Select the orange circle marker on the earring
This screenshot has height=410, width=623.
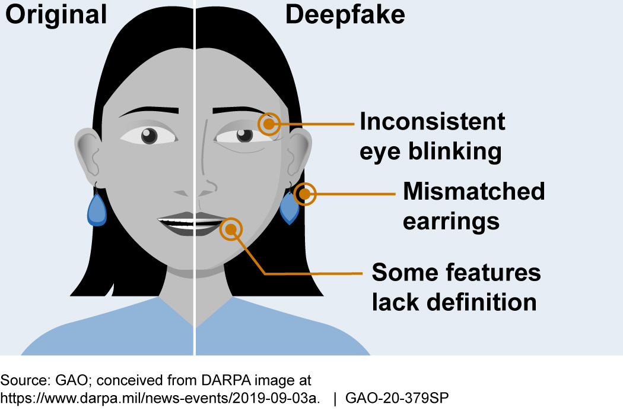305,194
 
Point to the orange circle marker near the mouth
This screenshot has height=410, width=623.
231,229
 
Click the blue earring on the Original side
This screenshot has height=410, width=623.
97,210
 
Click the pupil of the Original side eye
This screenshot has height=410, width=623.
148,136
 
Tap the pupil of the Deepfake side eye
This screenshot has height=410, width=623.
243,136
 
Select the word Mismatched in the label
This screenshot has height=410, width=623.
473,191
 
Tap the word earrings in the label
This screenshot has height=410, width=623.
451,221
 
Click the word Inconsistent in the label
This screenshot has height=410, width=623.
433,122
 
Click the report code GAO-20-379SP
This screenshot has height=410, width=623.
400,398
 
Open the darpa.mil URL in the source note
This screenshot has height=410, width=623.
160,398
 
